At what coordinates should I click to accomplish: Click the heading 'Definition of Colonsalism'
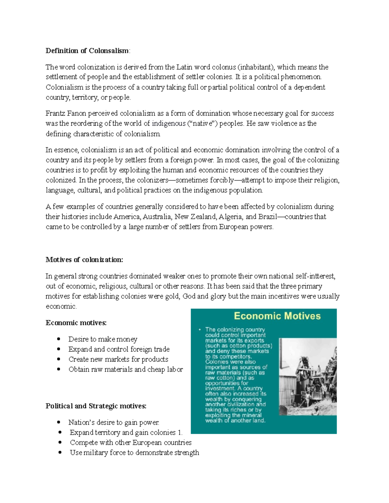click(87, 51)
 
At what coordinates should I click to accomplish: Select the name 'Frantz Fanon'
click(65, 113)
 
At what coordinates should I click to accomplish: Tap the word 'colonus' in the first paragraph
click(224, 67)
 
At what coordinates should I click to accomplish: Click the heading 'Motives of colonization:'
click(84, 260)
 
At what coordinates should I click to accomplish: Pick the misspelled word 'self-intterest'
click(315, 276)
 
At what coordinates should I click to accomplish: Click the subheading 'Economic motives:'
click(76, 323)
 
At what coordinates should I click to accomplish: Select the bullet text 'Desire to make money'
click(103, 339)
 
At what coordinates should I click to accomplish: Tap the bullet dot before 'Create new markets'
click(59, 359)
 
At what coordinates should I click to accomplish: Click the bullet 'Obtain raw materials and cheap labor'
click(125, 370)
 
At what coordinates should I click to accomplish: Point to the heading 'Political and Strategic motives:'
click(96, 406)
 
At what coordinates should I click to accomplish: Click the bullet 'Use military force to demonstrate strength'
click(134, 453)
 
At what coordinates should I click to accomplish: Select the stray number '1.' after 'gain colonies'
click(180, 433)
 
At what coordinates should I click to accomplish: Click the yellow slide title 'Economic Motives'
click(277, 316)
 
